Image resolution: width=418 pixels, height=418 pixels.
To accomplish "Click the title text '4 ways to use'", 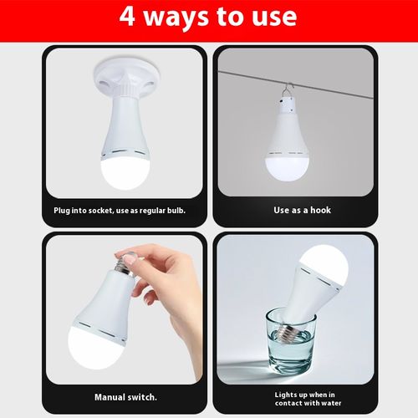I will tap(208, 17).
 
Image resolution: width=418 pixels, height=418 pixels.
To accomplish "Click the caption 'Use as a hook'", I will tap(302, 210).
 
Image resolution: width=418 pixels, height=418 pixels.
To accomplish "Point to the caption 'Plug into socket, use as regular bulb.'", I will tap(119, 210).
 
